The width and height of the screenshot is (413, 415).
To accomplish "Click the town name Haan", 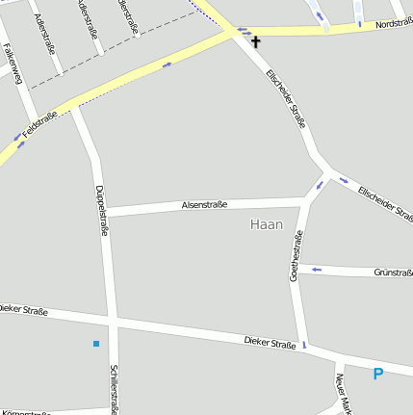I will (x=266, y=224).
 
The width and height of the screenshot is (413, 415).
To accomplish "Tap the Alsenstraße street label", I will (x=204, y=204).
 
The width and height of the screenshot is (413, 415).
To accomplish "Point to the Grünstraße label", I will (x=392, y=272).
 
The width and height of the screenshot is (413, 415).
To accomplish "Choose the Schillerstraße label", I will (x=114, y=389).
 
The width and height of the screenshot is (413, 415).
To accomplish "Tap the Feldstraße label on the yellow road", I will (x=40, y=123).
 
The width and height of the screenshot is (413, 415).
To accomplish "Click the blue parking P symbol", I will (x=377, y=374).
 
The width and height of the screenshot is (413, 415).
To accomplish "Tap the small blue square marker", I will (x=96, y=343).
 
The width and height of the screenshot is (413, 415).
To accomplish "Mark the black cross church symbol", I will (x=256, y=41).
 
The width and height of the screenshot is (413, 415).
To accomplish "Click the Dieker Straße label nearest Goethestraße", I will (x=270, y=342).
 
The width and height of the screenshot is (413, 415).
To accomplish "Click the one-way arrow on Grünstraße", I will (x=316, y=271).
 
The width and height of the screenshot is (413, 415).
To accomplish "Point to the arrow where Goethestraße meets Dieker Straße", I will (x=304, y=344).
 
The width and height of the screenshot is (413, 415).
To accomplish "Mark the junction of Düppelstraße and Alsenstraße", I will (x=104, y=212).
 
